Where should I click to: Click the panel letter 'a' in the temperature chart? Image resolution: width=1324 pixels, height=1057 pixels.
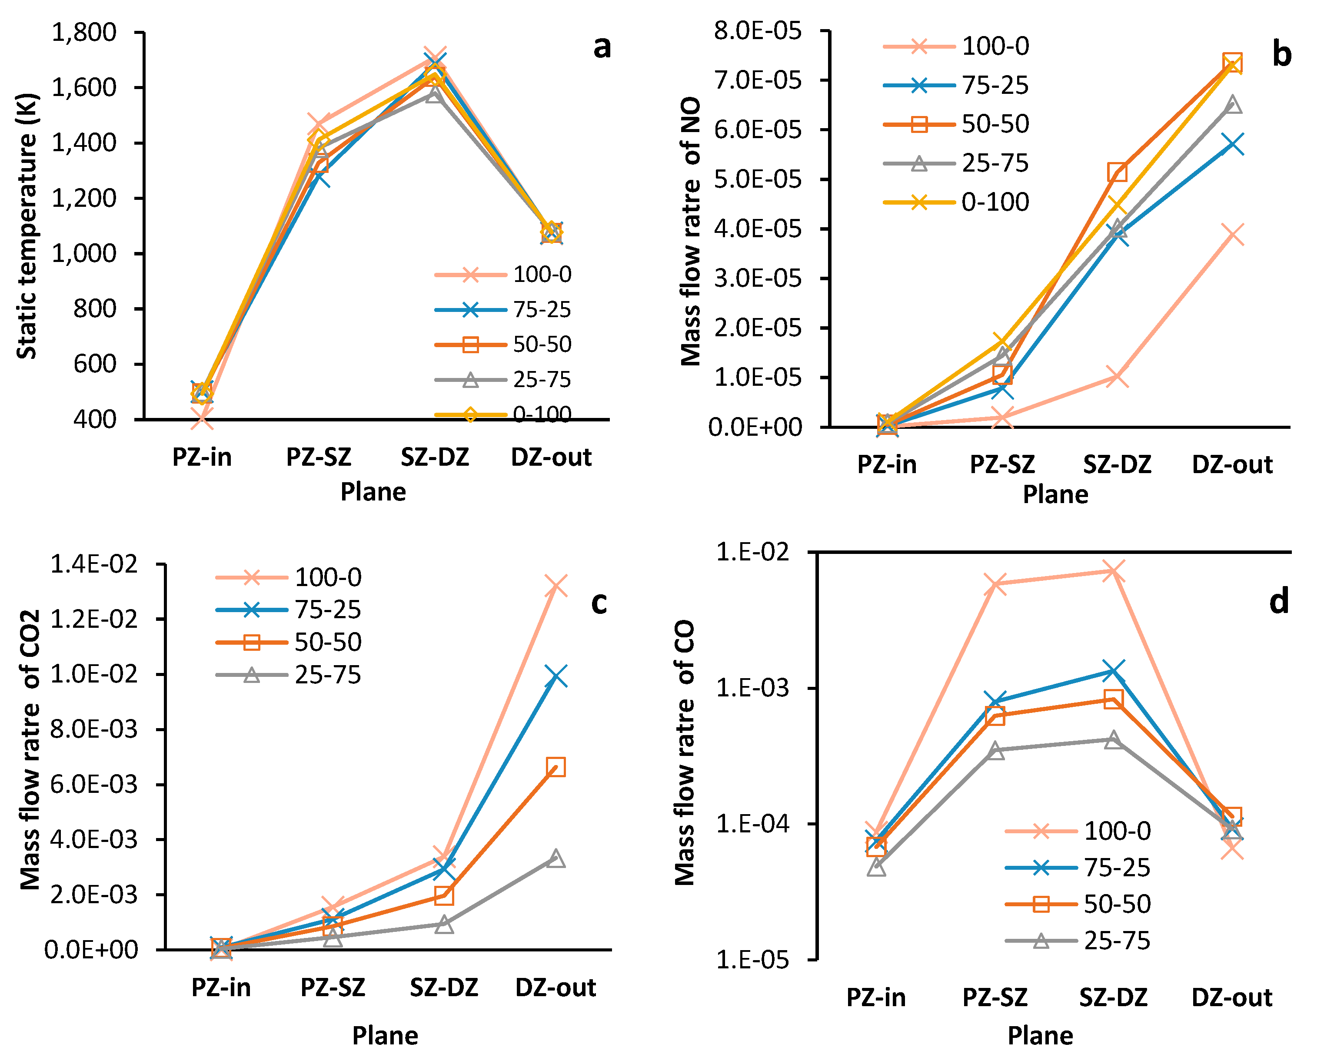pyautogui.click(x=602, y=47)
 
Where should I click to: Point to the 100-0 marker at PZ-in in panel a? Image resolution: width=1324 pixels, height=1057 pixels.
pyautogui.click(x=202, y=419)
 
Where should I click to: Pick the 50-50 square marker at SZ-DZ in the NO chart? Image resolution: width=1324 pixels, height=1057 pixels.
pyautogui.click(x=1117, y=172)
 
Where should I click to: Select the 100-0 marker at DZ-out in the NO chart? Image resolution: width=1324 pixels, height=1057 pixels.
pyautogui.click(x=1232, y=235)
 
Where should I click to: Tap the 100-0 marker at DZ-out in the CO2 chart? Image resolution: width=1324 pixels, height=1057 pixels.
pyautogui.click(x=556, y=586)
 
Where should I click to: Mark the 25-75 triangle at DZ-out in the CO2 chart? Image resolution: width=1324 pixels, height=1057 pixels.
pyautogui.click(x=556, y=858)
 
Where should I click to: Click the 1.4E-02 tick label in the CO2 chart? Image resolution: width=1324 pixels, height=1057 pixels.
pyautogui.click(x=94, y=563)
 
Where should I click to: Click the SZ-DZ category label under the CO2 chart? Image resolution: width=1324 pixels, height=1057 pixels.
pyautogui.click(x=444, y=987)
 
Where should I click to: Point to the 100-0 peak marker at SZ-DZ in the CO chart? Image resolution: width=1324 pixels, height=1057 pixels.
pyautogui.click(x=1113, y=571)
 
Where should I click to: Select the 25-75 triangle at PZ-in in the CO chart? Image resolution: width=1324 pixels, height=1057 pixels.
pyautogui.click(x=876, y=867)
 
